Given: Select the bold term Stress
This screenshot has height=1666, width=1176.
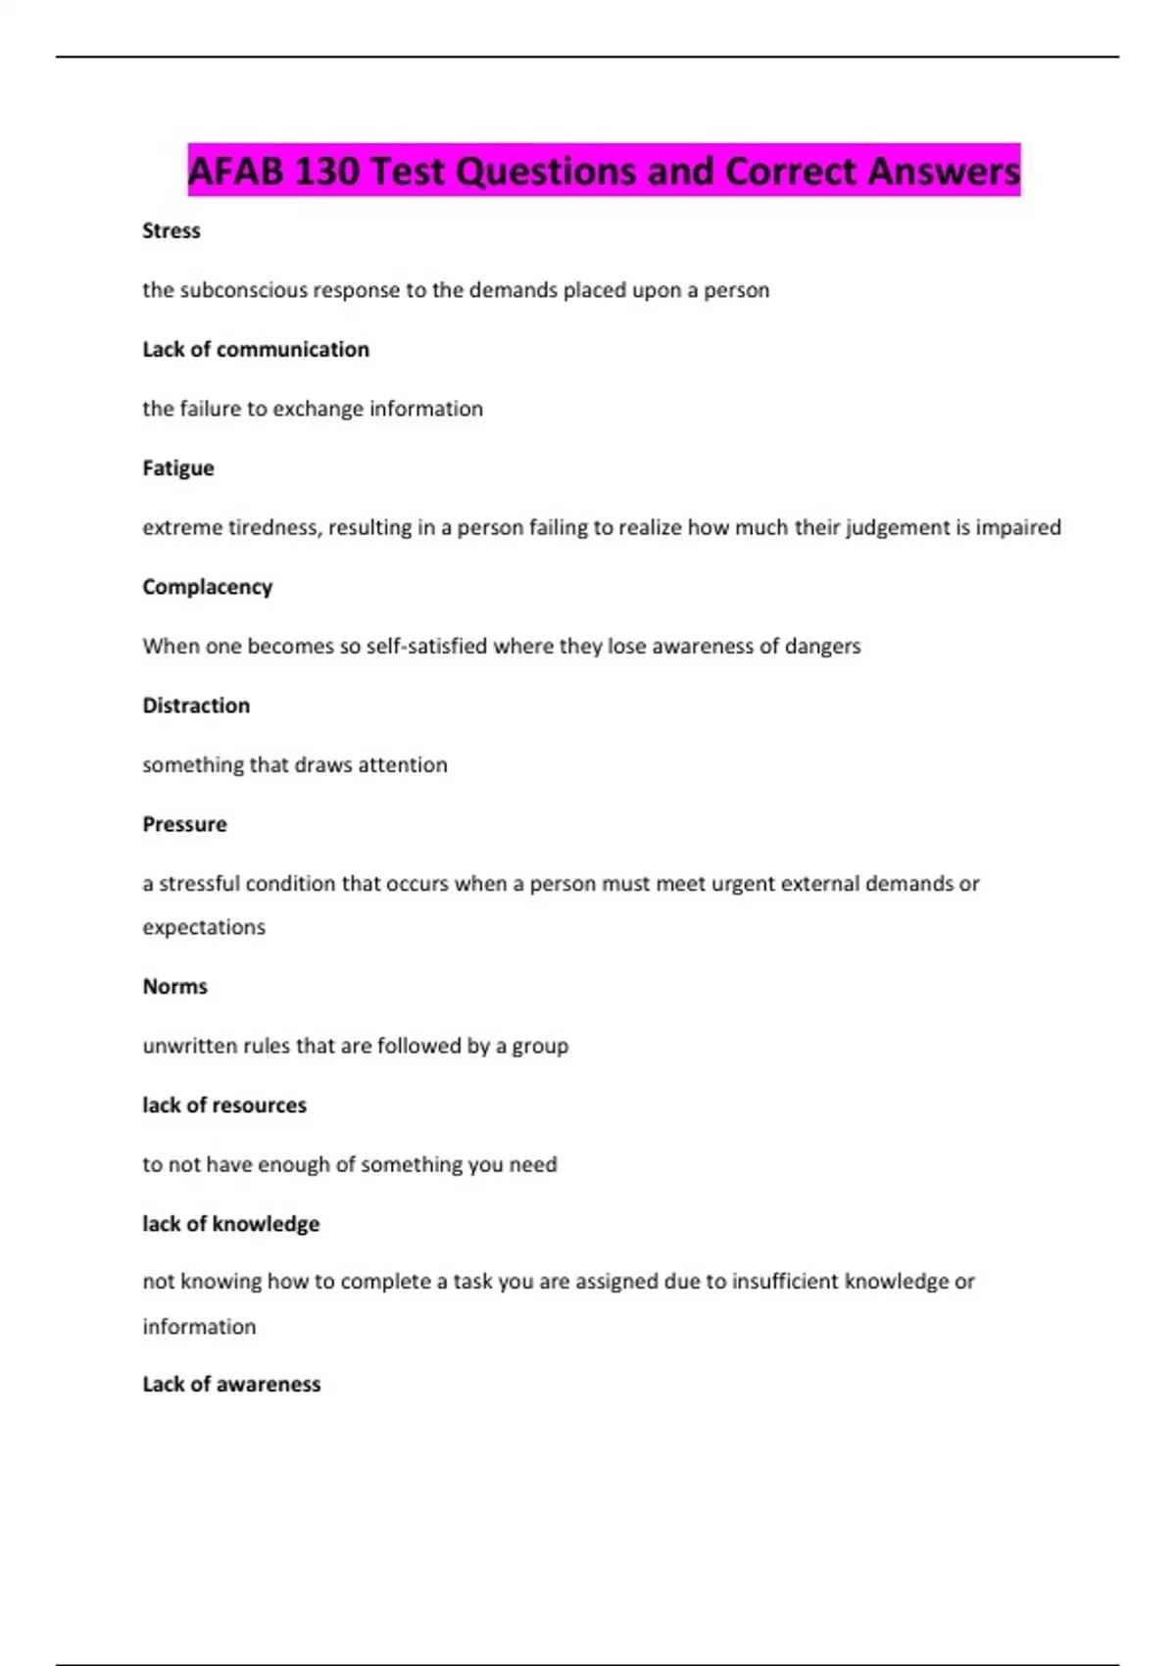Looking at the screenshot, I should pos(171,230).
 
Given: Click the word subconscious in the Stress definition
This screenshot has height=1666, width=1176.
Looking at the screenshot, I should pos(243,290).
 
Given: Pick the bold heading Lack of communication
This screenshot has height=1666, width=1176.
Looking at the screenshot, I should pos(256,349).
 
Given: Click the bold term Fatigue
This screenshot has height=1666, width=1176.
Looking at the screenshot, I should pos(178,467).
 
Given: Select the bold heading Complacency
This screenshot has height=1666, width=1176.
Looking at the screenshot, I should pos(208,586).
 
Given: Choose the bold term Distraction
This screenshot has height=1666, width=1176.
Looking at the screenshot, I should pos(196,706).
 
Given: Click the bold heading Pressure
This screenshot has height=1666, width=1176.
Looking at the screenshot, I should pos(184,824).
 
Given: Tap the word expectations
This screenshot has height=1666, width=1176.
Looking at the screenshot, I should pos(204,927).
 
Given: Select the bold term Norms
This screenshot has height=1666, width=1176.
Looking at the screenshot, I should pos(175,986).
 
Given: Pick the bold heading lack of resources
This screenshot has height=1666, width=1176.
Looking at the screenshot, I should pos(224,1104).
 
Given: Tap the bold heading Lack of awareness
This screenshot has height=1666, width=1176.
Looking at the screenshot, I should pos(231,1384).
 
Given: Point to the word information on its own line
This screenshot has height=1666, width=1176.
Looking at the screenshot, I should pos(199,1326).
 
